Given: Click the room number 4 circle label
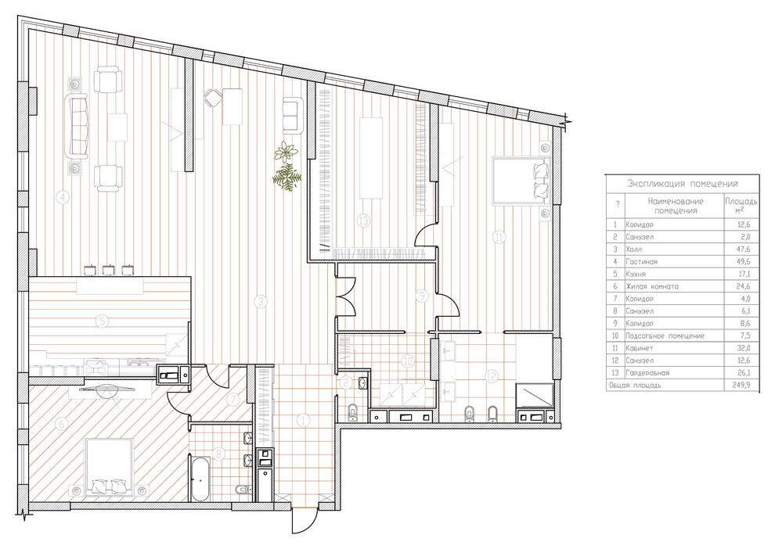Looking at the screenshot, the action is pyautogui.click(x=63, y=198).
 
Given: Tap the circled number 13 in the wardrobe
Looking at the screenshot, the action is pyautogui.click(x=364, y=221).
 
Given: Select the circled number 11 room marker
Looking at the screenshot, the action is pyautogui.click(x=499, y=238).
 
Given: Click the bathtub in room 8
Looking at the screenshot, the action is pyautogui.click(x=201, y=479).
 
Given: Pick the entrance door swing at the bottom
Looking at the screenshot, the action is pyautogui.click(x=304, y=520).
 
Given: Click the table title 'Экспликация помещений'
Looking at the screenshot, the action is pyautogui.click(x=683, y=184).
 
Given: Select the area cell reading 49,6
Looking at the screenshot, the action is pyautogui.click(x=744, y=262).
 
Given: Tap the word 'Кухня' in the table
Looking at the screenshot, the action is pyautogui.click(x=636, y=274).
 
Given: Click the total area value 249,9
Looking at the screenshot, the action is pyautogui.click(x=742, y=385).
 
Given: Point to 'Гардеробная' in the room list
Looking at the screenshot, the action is pyautogui.click(x=647, y=373).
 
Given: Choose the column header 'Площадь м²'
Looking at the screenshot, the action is pyautogui.click(x=741, y=206).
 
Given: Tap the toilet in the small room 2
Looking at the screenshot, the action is pyautogui.click(x=352, y=412).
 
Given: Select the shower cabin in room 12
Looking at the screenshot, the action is pyautogui.click(x=535, y=396).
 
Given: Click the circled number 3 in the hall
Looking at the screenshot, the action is pyautogui.click(x=261, y=302).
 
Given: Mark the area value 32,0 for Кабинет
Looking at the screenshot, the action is pyautogui.click(x=744, y=348).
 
